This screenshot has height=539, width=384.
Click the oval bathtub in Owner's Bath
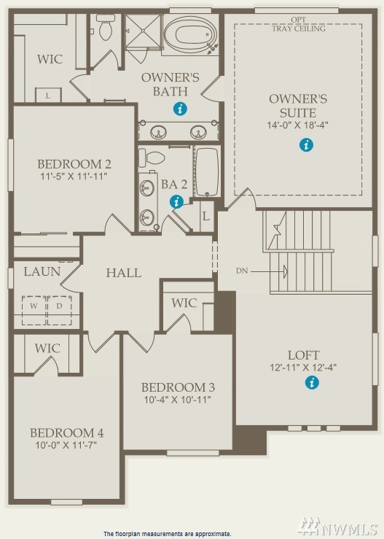(x=190, y=34)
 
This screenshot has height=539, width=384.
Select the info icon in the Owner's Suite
(x=306, y=144)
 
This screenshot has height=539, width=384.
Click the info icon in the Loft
(x=312, y=382)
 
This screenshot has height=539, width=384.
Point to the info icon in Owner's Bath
(x=180, y=109)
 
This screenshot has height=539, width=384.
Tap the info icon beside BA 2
(x=176, y=202)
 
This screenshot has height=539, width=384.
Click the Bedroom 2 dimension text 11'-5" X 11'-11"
(x=74, y=177)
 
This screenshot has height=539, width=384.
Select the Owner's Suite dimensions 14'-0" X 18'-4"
(x=298, y=125)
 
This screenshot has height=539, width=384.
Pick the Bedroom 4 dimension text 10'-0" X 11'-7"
(x=66, y=445)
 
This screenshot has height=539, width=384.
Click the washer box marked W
(x=34, y=311)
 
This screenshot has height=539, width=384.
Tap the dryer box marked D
(x=60, y=311)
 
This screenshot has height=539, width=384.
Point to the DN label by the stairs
(x=242, y=271)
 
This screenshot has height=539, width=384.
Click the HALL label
(x=124, y=273)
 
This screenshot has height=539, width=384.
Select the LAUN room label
(x=42, y=271)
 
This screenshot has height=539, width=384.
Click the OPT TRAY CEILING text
(x=299, y=24)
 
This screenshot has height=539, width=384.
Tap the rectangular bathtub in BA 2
(x=207, y=172)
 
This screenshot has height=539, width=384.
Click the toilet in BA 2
(x=152, y=158)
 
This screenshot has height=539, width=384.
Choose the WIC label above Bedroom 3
(x=184, y=303)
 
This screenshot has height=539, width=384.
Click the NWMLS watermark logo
(x=338, y=527)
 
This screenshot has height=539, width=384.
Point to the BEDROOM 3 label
(x=178, y=387)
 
